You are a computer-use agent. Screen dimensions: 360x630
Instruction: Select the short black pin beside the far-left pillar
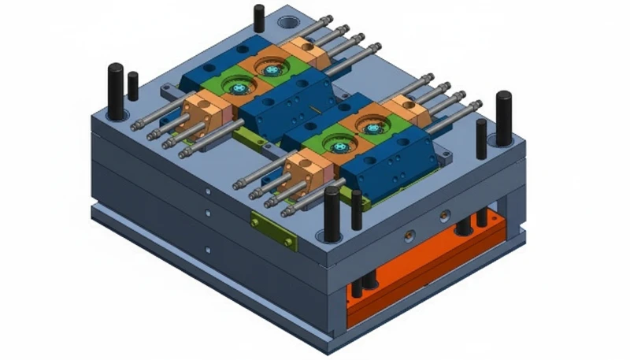click(x=133, y=85)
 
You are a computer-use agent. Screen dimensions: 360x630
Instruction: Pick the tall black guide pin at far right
click(x=503, y=117)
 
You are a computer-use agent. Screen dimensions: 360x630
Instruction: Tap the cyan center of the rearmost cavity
click(x=272, y=70)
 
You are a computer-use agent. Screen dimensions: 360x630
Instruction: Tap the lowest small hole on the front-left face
click(x=208, y=250)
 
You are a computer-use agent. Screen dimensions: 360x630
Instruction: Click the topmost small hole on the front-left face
click(x=207, y=190)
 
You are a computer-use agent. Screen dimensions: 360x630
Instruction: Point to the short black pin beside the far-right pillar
click(x=481, y=139)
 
